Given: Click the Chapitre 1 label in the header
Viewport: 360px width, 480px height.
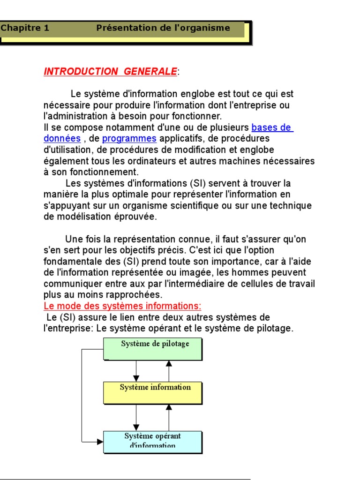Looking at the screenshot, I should [x=25, y=28].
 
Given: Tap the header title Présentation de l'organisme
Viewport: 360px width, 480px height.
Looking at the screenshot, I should [x=163, y=28].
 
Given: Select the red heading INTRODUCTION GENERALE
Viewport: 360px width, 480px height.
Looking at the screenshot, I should [x=110, y=72].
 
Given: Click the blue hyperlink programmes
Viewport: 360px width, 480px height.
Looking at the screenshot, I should [x=129, y=139].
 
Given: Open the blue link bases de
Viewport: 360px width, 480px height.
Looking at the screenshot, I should [x=272, y=127].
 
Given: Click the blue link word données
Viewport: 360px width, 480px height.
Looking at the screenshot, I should [x=62, y=139].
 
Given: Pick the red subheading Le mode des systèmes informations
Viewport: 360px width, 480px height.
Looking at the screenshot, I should [x=122, y=306].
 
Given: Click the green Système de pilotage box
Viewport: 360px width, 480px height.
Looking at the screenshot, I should [x=153, y=348].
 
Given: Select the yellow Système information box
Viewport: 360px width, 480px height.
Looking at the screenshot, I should [x=153, y=392].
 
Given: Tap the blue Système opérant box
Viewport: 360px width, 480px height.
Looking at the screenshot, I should [x=153, y=442].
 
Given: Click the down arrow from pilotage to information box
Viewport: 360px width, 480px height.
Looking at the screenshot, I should [x=136, y=371].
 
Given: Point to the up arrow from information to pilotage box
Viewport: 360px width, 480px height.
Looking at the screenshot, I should [x=169, y=371].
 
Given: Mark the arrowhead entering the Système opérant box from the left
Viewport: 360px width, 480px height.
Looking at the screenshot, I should [x=100, y=441].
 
